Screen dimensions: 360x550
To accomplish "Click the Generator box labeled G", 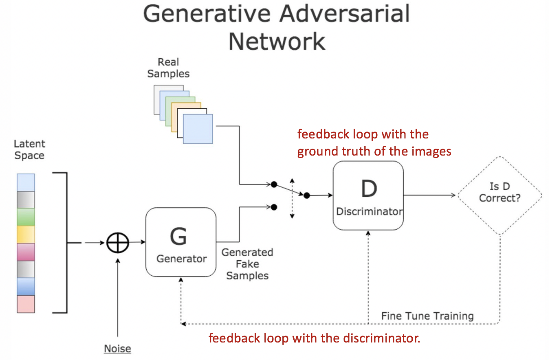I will tap(181, 242).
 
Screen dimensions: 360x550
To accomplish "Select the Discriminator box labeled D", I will tap(368, 195).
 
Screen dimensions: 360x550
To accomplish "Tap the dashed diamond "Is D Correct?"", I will tap(500, 196).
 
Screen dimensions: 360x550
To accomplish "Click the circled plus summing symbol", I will tap(117, 243).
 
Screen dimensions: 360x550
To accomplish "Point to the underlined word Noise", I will tap(117, 349).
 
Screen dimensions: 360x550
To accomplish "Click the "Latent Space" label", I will tap(29, 149).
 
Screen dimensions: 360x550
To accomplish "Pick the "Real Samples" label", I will tap(169, 68).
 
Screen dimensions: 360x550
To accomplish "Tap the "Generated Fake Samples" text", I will tap(247, 264).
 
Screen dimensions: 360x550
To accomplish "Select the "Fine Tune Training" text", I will tap(427, 316).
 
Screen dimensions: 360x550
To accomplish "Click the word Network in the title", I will tap(277, 41).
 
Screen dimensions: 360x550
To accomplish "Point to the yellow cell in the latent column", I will tap(26, 234).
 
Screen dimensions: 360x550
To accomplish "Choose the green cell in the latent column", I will tap(26, 217).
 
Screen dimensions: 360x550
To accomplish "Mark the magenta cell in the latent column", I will tap(26, 252).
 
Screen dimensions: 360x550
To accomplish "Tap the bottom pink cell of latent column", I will tap(26, 304).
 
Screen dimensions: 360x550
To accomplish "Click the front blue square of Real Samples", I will tap(198, 129).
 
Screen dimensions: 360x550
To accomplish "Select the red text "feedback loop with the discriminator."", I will tap(314, 338).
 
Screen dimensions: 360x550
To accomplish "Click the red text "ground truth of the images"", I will tap(374, 151).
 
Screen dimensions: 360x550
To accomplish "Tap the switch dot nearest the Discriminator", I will tap(307, 195).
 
